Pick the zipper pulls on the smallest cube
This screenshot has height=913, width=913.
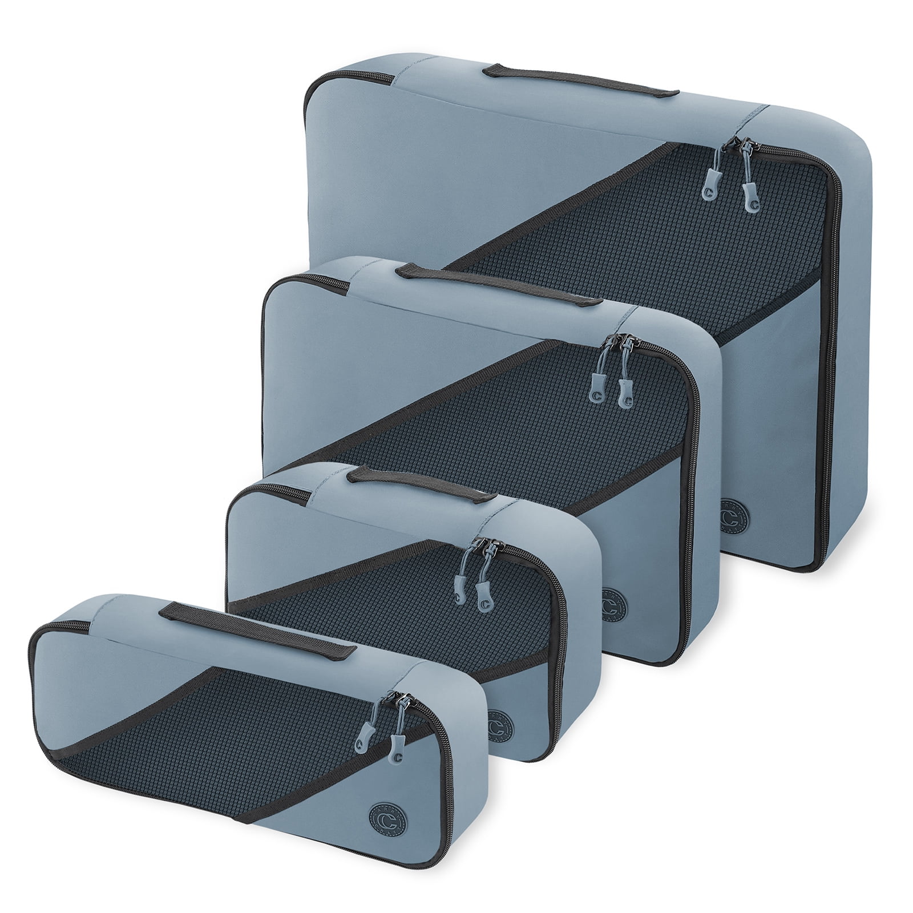pyautogui.click(x=377, y=736)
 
